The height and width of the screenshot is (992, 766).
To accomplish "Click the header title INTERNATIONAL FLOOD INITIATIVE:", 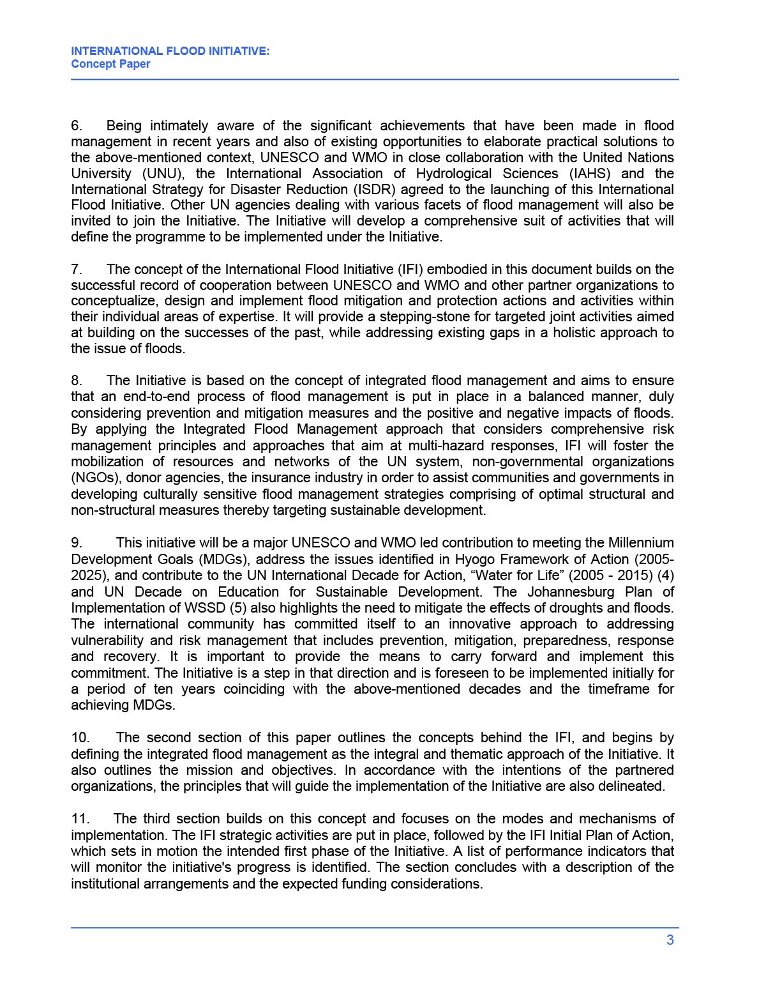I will (x=170, y=51).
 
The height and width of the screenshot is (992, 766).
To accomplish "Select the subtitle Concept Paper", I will (x=110, y=64).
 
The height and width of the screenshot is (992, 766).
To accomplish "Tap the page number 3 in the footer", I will (x=670, y=940).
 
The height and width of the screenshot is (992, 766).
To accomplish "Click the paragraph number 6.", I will (x=77, y=126).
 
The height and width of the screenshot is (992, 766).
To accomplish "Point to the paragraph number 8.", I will (x=77, y=381).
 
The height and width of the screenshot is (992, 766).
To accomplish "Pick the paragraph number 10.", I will (x=80, y=738).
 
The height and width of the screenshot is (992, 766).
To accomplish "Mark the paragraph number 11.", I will (x=80, y=819).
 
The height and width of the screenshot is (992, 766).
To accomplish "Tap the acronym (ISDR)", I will (x=372, y=190).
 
